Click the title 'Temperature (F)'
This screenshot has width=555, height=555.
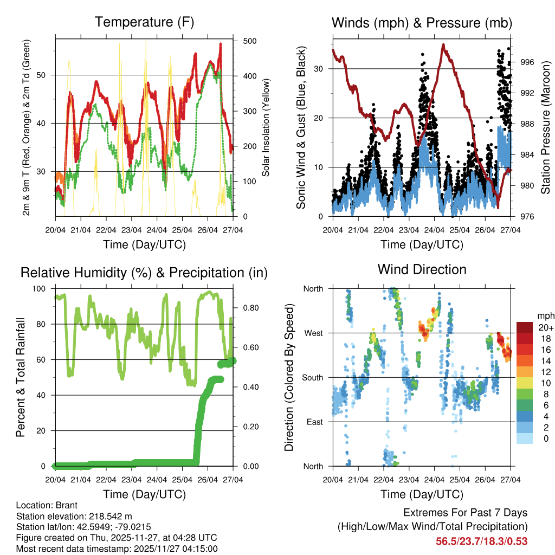pos(144,22)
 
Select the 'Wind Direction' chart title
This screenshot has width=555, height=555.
pos(422,269)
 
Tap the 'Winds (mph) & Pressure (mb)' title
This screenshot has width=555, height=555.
pos(422,23)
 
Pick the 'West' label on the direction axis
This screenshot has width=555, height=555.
pos(313,333)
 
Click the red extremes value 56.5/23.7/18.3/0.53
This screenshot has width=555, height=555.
pos(482,541)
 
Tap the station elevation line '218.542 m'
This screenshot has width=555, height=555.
pos(74,516)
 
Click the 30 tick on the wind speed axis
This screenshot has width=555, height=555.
pos(320,69)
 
